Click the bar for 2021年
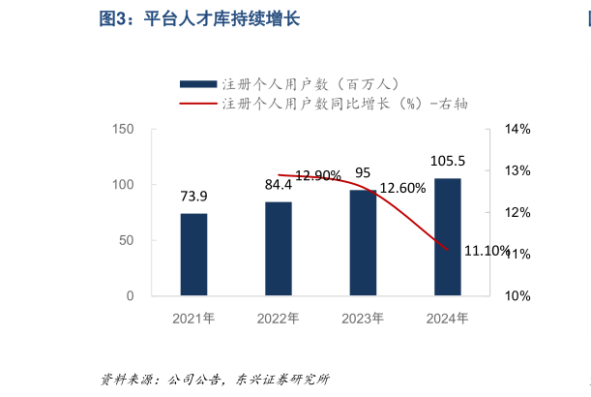pos(193,254)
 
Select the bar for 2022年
pos(279,248)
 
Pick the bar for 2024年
pos(448,236)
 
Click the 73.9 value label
pos(193,196)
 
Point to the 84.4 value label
pos(279,184)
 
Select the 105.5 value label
pos(448,161)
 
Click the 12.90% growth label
pos(318,175)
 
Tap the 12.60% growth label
pos(402,188)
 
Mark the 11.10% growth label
pos(487,251)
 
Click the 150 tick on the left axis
pos(122,129)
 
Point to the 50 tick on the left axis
pos(126,240)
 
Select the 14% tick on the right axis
pos(517,129)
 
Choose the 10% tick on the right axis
pos(517,295)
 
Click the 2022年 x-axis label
pos(279,318)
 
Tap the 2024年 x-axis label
pos(448,318)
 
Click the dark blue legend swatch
pos(196,83)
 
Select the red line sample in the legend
pos(196,103)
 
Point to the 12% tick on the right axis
pos(517,212)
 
